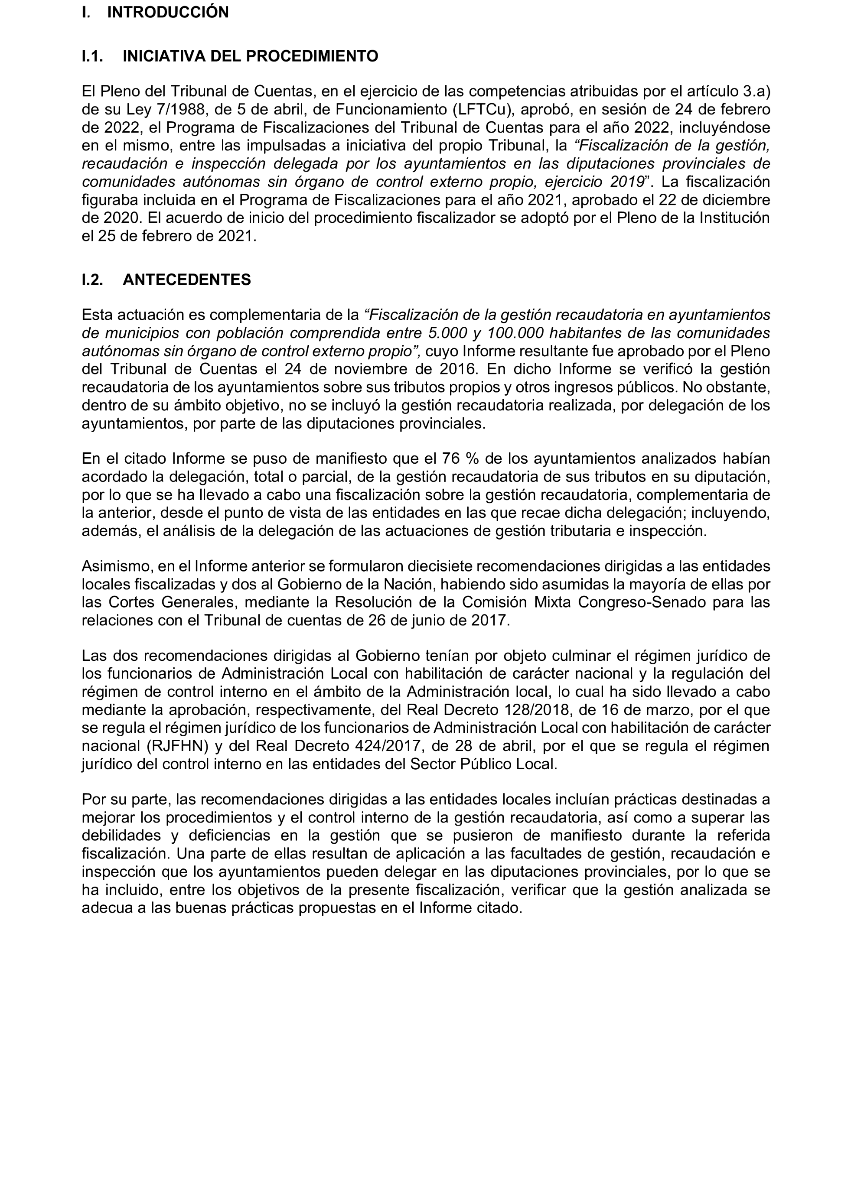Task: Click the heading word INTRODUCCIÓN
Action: [x=168, y=13]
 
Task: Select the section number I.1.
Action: [x=92, y=57]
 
